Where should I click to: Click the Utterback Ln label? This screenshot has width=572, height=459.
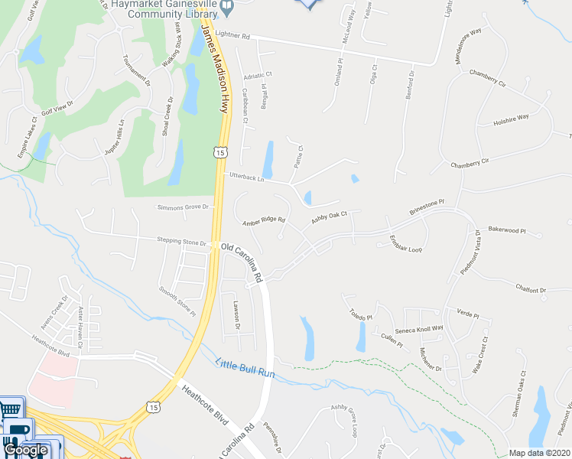click(x=246, y=178)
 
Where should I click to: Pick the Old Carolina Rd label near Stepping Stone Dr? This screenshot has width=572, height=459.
click(x=241, y=260)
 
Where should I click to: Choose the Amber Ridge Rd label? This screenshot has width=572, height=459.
click(x=263, y=221)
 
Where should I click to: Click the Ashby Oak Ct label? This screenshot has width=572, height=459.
click(x=329, y=218)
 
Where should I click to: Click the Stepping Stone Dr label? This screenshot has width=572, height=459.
click(x=182, y=241)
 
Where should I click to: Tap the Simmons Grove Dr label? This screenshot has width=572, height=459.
click(x=183, y=207)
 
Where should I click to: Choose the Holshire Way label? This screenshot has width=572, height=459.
click(x=511, y=118)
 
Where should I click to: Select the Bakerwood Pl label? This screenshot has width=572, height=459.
click(x=506, y=229)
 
